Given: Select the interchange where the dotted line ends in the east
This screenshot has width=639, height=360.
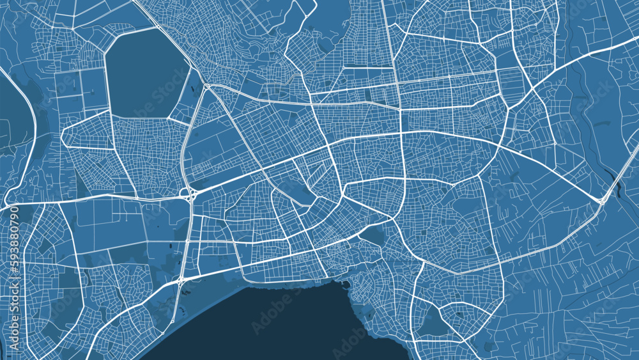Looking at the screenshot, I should [602, 201].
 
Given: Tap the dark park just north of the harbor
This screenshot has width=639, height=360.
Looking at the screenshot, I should [371, 237].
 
